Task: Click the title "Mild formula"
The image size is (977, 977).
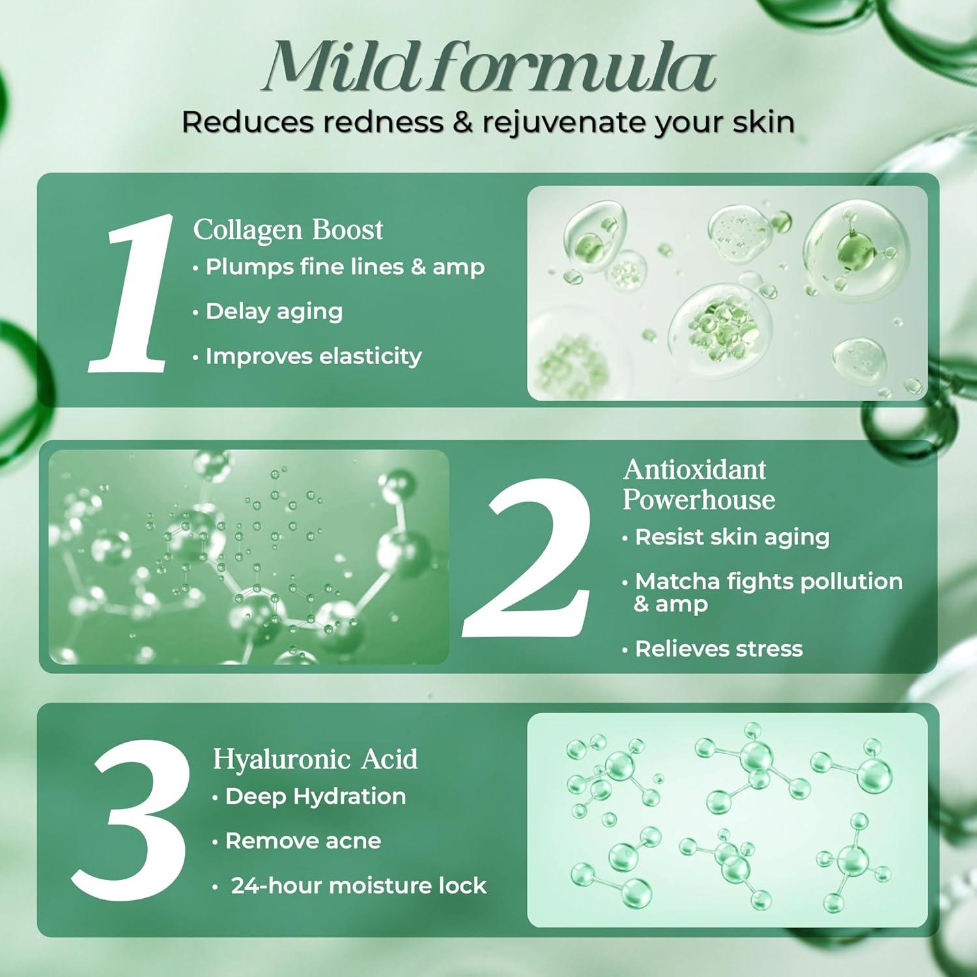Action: coord(488,67)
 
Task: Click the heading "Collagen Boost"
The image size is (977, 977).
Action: coord(288,230)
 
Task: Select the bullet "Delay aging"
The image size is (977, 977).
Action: coord(274,311)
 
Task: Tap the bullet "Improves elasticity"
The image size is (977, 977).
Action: coord(313,356)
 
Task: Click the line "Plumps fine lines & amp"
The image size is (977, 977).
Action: coord(345,267)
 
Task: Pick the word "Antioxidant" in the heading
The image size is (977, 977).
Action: coord(694,470)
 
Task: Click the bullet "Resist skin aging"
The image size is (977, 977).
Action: coord(731,537)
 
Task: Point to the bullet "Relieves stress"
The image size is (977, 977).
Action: coord(718,649)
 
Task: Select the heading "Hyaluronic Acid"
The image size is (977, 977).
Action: coord(315,759)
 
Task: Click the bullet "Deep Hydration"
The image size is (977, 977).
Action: coord(315,796)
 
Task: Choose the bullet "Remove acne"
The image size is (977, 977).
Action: coord(303,841)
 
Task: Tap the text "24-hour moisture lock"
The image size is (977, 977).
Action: coord(358,886)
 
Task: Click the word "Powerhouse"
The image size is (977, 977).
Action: coord(699,500)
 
